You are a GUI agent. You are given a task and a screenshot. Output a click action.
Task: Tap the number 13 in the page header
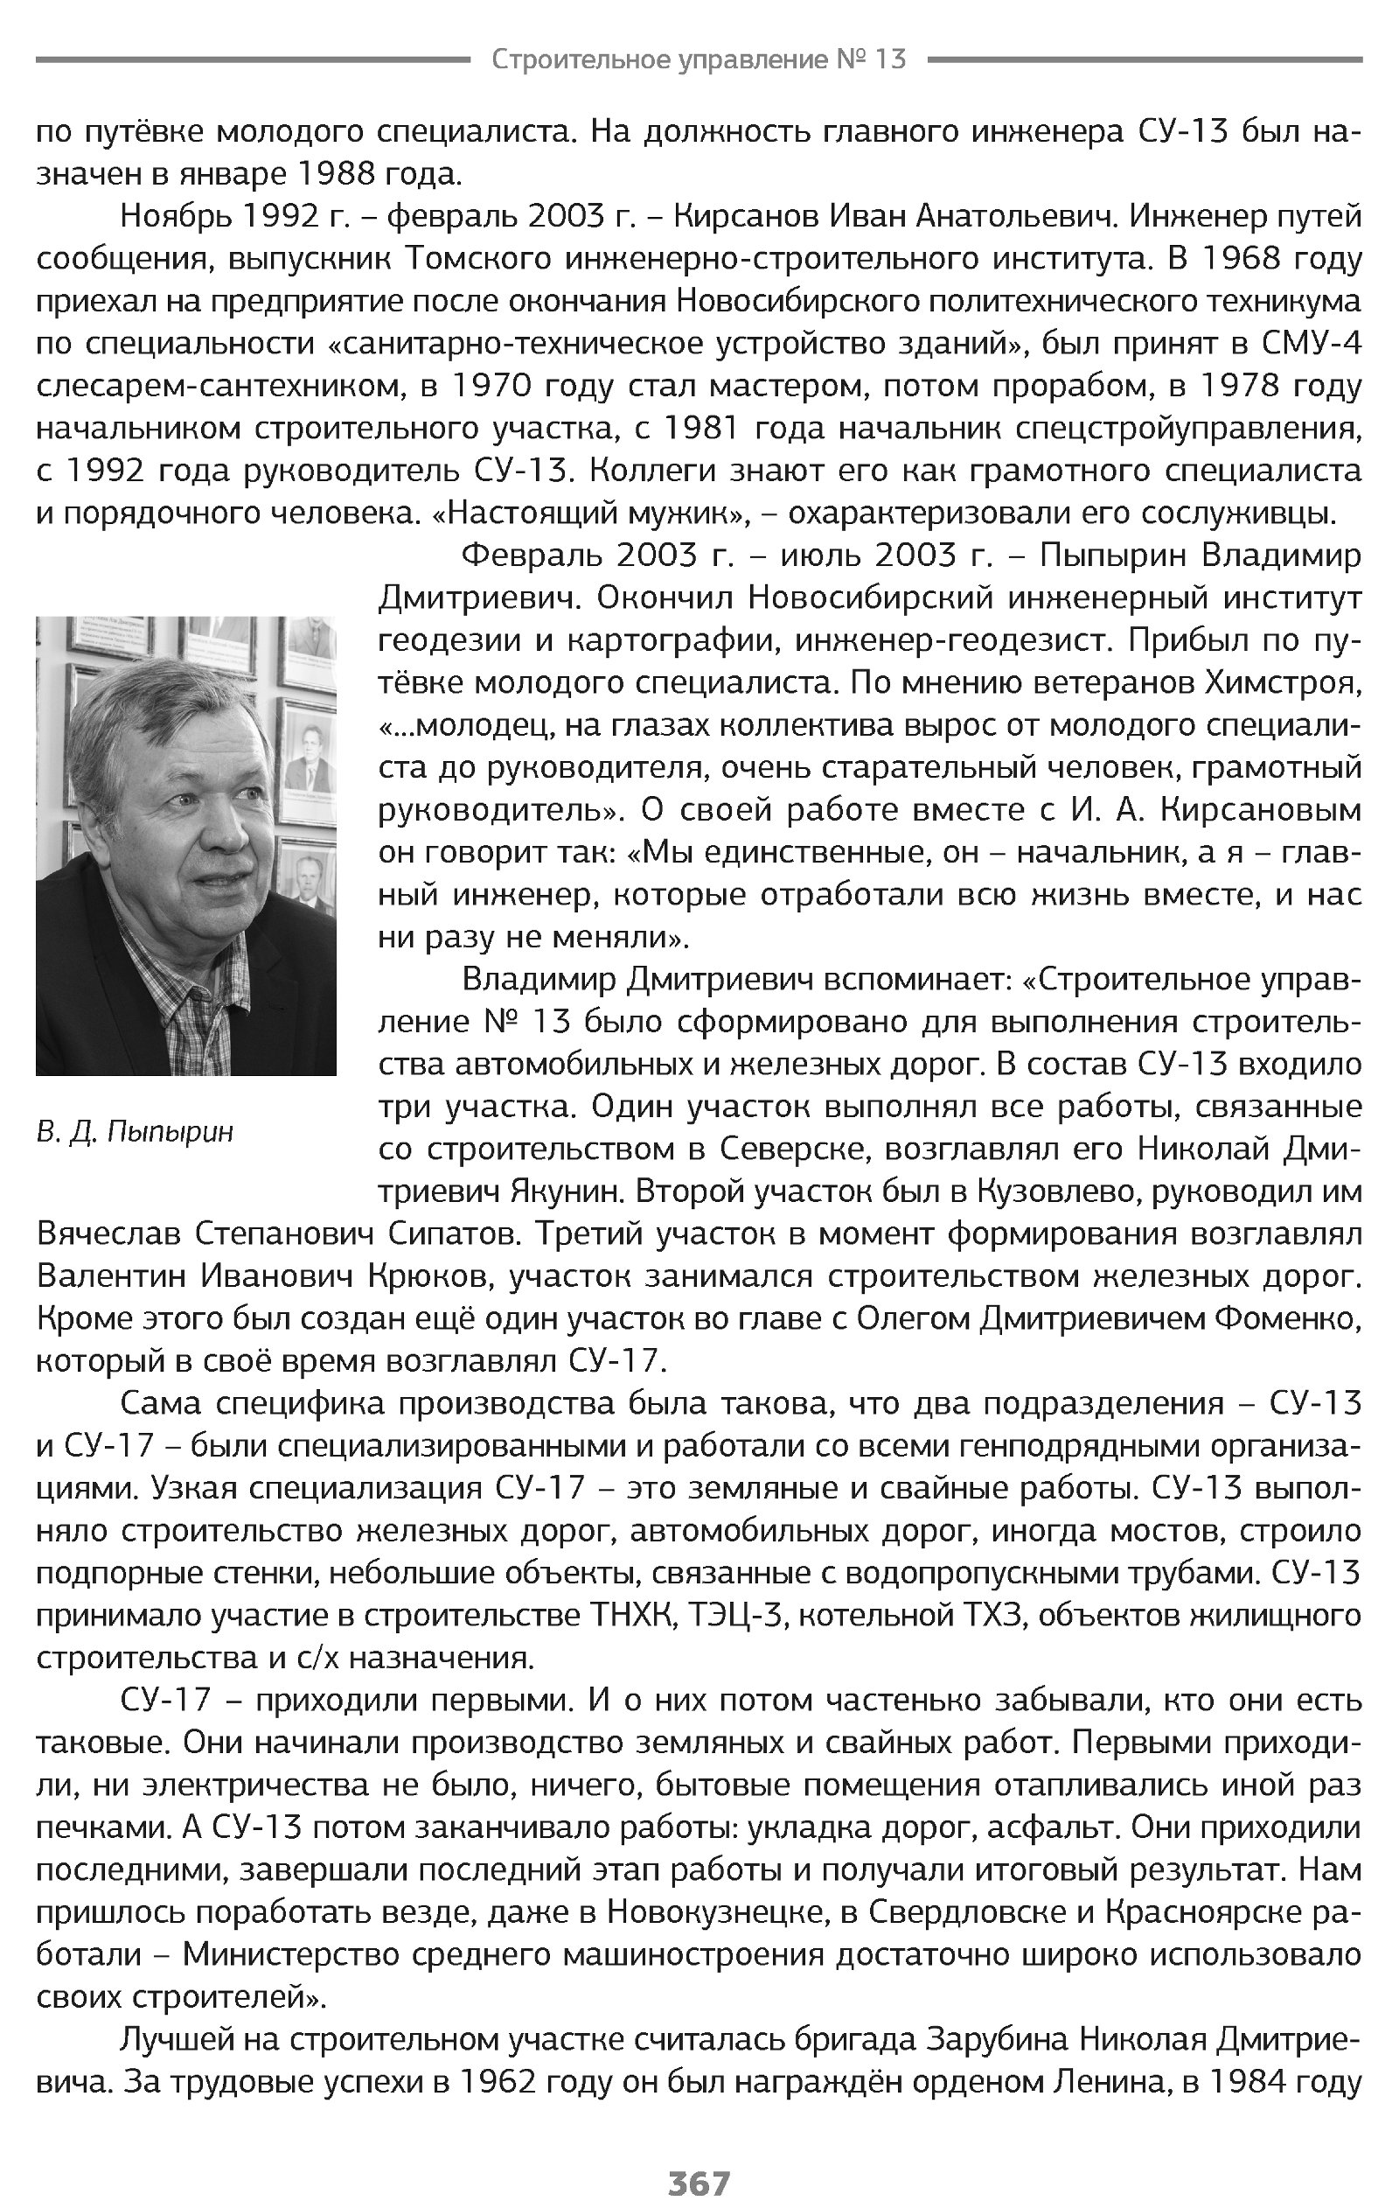(x=890, y=59)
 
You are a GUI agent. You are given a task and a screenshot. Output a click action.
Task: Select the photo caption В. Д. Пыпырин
(x=135, y=1132)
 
